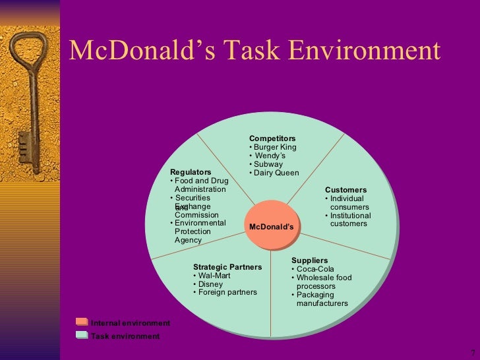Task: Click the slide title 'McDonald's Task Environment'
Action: [254, 51]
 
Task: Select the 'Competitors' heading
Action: [272, 138]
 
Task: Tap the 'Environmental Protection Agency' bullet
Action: [199, 231]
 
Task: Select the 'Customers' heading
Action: [345, 190]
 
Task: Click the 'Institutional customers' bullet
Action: [349, 220]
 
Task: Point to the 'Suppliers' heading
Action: [309, 260]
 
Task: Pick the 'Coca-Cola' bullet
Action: [315, 269]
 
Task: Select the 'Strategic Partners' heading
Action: [227, 267]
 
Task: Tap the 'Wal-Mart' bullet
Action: [213, 276]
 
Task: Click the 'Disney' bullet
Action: [210, 284]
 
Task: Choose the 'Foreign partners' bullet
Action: [227, 292]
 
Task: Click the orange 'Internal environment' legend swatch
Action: [82, 322]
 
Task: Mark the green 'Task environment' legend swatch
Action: [82, 335]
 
